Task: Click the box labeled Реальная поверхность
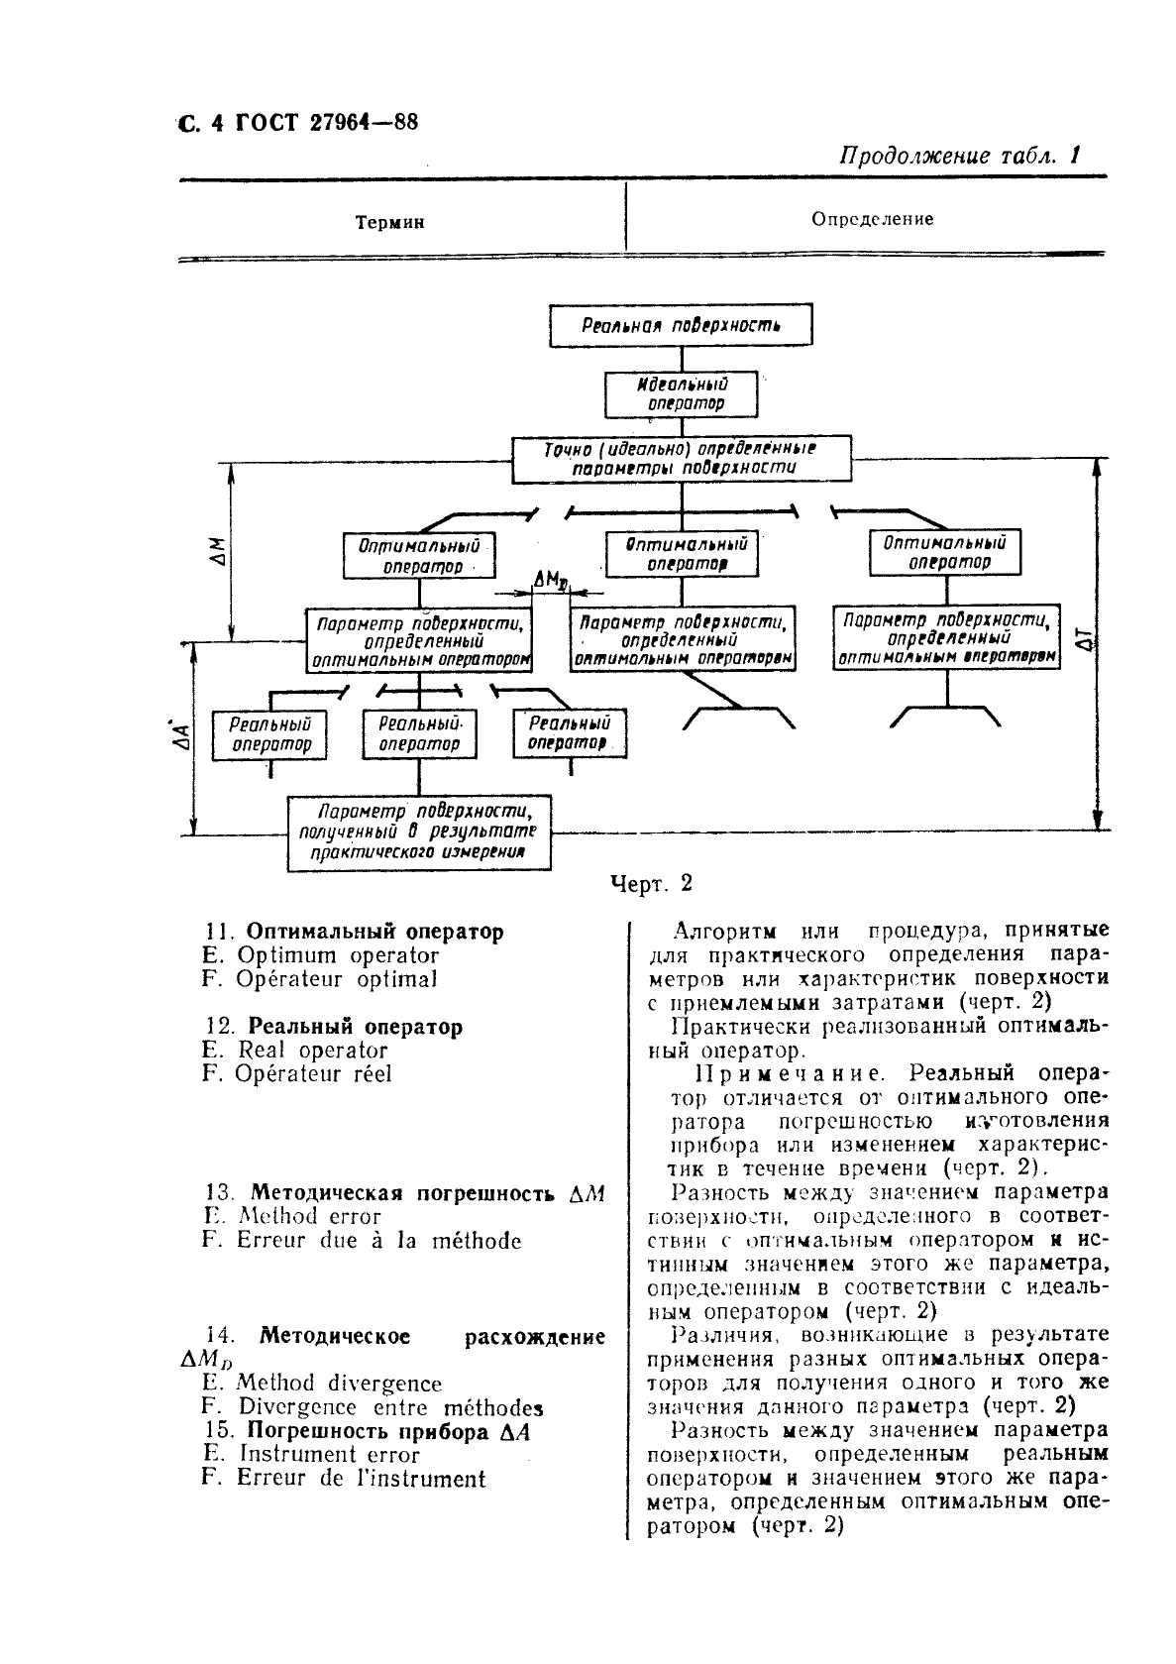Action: pos(681,325)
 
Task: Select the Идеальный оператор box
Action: pos(681,393)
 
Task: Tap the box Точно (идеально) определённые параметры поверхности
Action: pos(681,459)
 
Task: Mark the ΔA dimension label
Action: pos(181,734)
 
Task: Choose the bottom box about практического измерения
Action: pos(418,832)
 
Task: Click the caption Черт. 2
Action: pos(651,884)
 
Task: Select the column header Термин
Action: pos(389,223)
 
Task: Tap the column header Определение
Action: pos(872,219)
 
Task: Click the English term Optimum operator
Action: pos(337,956)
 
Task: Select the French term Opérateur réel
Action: pos(313,1074)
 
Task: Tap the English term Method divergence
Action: pos(339,1384)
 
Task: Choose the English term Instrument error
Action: pos(329,1455)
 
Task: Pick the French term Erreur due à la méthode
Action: pos(377,1241)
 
